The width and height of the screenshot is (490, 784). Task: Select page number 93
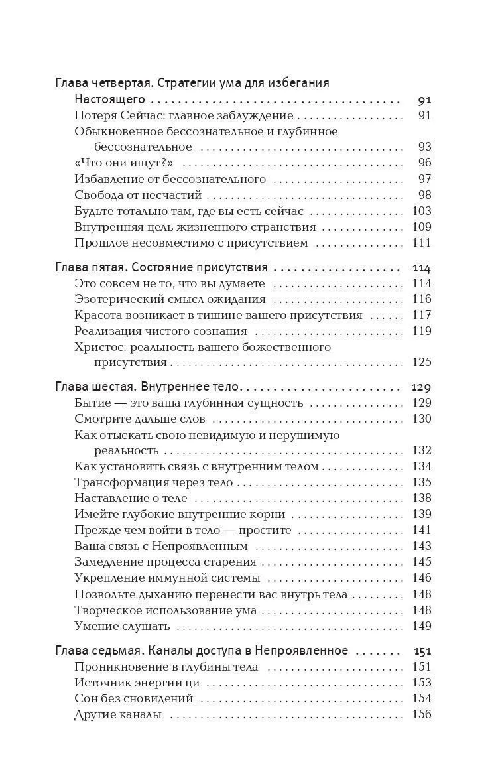[424, 147]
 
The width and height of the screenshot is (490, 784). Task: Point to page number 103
[421, 211]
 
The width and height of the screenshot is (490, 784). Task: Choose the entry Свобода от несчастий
[138, 195]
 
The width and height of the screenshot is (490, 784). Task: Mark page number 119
[421, 331]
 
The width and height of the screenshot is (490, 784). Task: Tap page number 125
[421, 363]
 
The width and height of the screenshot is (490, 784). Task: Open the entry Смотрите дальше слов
[140, 419]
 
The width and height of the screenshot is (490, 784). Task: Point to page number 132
[421, 451]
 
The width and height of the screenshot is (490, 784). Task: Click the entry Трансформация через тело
[153, 482]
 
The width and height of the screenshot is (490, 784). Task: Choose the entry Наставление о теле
[131, 498]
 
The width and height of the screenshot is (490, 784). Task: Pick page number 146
[421, 578]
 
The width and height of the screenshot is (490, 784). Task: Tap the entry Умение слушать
[122, 625]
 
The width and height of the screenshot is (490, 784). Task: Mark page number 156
[421, 714]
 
